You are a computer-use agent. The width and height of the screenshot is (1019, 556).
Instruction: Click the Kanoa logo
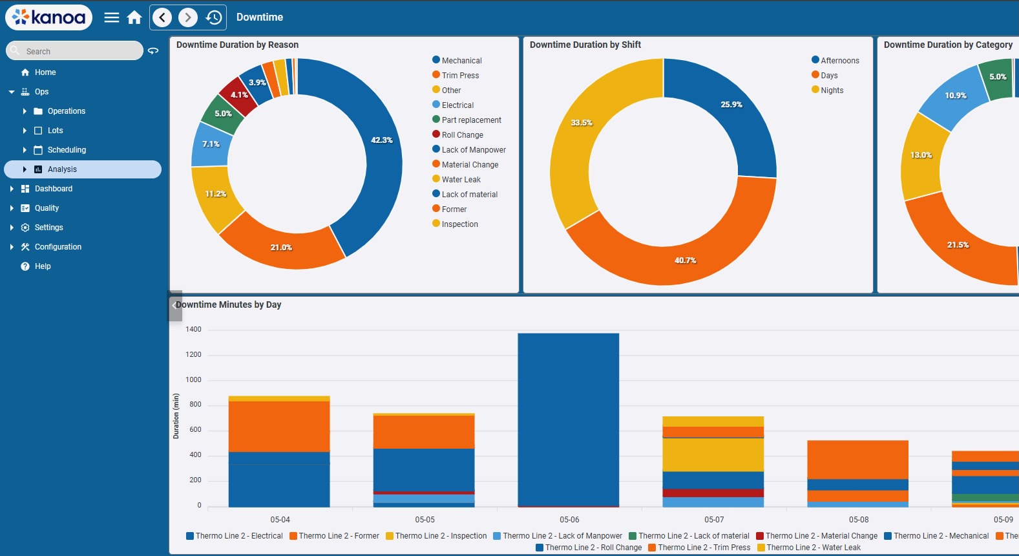48,17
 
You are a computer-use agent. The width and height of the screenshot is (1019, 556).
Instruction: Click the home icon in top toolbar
134,17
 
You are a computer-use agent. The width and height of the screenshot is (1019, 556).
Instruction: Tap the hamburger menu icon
112,17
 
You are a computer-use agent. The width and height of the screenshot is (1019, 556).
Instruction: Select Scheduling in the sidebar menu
67,150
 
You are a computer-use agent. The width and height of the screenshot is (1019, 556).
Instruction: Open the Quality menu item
47,208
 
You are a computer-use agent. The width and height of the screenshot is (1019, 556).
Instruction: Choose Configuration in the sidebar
58,247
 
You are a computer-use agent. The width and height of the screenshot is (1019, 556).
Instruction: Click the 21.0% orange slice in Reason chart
281,246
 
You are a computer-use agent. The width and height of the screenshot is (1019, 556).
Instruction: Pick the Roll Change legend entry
462,135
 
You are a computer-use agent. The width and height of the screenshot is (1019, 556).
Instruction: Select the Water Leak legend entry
461,180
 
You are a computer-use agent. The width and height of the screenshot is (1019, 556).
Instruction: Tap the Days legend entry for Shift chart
828,76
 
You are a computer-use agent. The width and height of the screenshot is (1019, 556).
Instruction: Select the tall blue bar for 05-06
568,420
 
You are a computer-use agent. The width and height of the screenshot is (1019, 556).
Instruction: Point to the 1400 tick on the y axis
193,330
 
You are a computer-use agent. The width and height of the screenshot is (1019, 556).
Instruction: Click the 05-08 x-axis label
858,520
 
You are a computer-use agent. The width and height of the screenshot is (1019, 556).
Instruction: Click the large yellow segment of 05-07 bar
713,454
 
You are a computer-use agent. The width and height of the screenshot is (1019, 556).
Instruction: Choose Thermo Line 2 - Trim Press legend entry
703,548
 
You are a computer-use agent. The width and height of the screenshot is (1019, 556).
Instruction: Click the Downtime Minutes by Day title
229,305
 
